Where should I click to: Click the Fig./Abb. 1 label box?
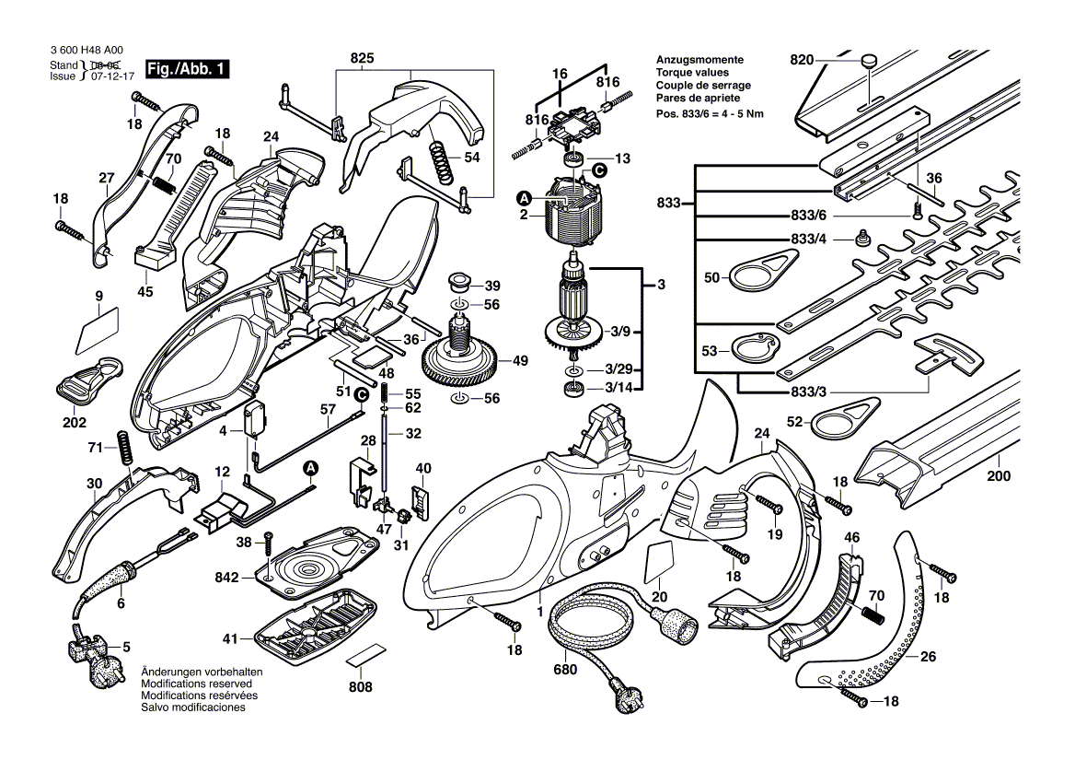tap(188, 70)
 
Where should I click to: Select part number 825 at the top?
tap(363, 58)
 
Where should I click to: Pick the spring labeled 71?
tap(124, 448)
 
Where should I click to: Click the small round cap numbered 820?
tap(867, 60)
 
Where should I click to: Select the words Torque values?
tap(691, 72)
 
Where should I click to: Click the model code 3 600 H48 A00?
tap(88, 52)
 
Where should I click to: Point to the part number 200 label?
tap(998, 476)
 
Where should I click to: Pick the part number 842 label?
tap(226, 578)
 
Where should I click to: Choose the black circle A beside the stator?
tap(526, 196)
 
